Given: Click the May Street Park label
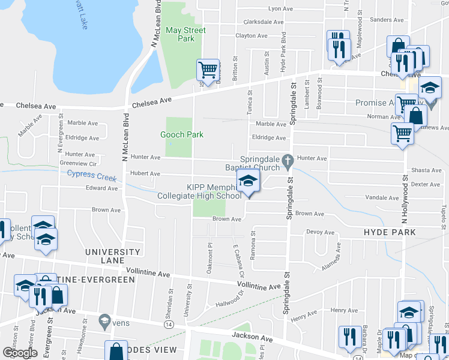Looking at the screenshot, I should [185, 34].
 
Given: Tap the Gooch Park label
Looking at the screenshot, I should [182, 134].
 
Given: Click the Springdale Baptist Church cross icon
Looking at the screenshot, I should [288, 160].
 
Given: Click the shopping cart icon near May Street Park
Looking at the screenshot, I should [208, 70].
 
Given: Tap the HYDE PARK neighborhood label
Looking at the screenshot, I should [390, 232].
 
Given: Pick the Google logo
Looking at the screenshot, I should [19, 353].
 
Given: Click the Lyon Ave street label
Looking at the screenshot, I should [280, 9].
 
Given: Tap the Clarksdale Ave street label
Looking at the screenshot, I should [263, 22].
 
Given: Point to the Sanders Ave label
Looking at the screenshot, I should [387, 20].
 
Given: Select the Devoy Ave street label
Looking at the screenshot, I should [320, 232].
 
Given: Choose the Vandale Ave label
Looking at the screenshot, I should [378, 197].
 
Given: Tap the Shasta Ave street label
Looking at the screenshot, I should [426, 170].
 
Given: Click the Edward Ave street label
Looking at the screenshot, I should [101, 188].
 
